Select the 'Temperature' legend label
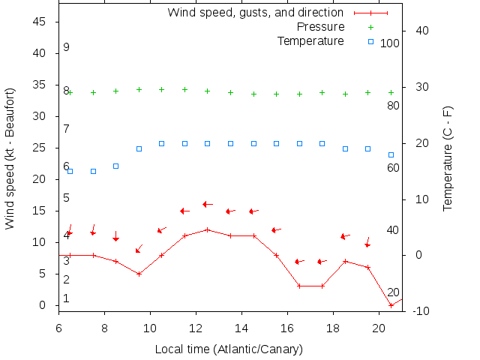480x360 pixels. pos(310,40)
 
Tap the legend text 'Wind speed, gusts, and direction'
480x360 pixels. pos(255,13)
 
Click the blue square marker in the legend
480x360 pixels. pos(370,41)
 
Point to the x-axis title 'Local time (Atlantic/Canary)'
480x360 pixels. pos(229,349)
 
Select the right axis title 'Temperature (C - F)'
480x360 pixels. pos(448,158)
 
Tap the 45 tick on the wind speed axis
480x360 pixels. pos(40,22)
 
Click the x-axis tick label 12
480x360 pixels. pos(196,328)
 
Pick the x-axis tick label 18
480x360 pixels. pos(333,328)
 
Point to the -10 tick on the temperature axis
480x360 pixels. pos(420,310)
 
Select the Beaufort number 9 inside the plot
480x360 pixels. pos(66,47)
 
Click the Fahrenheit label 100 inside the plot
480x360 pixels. pos(390,43)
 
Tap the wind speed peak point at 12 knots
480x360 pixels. pos(208,229)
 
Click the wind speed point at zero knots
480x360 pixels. pos(391,305)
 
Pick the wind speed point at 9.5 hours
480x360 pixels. pos(139,274)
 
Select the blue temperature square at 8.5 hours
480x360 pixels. pos(116,166)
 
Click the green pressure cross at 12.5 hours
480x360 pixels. pos(208,91)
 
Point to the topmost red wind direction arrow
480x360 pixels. pos(208,204)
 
